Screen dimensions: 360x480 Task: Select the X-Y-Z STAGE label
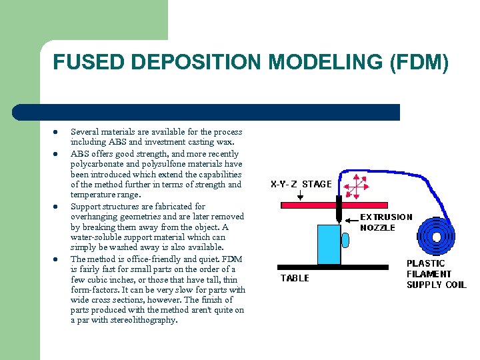(301, 184)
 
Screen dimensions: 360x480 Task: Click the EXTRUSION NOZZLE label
(386, 222)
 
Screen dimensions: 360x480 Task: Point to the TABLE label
(295, 278)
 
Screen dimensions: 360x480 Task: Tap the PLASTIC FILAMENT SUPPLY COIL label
(436, 274)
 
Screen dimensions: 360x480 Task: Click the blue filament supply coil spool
(436, 234)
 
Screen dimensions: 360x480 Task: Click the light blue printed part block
(329, 245)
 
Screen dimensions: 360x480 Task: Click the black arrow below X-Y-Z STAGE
(301, 195)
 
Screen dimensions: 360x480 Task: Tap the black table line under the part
(334, 267)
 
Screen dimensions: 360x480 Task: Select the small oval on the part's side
(345, 239)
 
